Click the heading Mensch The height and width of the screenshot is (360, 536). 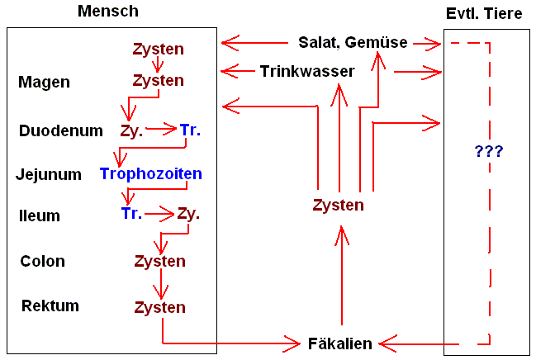pos(107,11)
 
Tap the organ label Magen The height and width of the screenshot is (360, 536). pos(44,82)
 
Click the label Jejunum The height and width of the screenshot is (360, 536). pos(49,174)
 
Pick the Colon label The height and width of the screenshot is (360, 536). pos(43,261)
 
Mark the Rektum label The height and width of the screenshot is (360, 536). pos(50,306)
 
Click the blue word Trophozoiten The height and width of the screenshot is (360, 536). pos(151,174)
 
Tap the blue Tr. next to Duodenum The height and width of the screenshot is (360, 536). pos(190,130)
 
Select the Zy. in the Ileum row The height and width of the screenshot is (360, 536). pos(189,214)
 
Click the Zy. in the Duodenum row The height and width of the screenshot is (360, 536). pos(131,130)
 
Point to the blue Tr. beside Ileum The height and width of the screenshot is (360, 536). pos(131,214)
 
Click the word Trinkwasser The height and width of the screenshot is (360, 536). pos(307,71)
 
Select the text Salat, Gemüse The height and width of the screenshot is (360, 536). pos(353,42)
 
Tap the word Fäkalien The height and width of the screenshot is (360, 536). pos(340,343)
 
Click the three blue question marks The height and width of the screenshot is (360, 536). pos(489,151)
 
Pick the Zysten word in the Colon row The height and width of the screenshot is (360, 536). pos(159,261)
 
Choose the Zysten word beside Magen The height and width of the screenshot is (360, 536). pos(159,81)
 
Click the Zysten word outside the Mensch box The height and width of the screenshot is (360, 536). pos(339,205)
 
